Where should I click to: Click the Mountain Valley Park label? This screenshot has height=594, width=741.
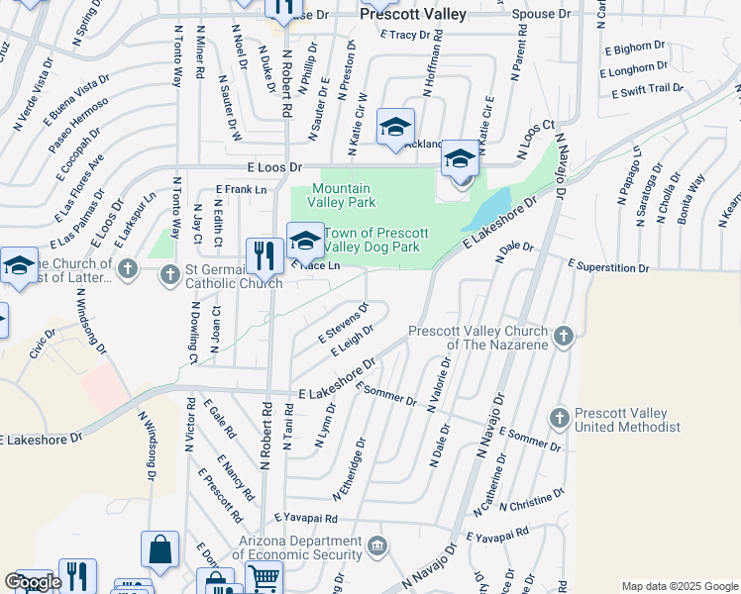(341, 195)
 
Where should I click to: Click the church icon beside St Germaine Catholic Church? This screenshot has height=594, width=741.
(128, 268)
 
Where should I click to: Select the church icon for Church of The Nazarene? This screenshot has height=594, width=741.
(563, 336)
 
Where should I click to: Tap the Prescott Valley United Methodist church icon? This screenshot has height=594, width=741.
(559, 419)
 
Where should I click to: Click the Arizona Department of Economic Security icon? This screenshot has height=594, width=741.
(377, 546)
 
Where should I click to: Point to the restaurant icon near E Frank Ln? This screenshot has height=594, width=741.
(263, 255)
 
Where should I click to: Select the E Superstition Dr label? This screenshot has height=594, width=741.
(607, 267)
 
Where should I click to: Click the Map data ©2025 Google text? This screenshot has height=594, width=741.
(680, 586)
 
